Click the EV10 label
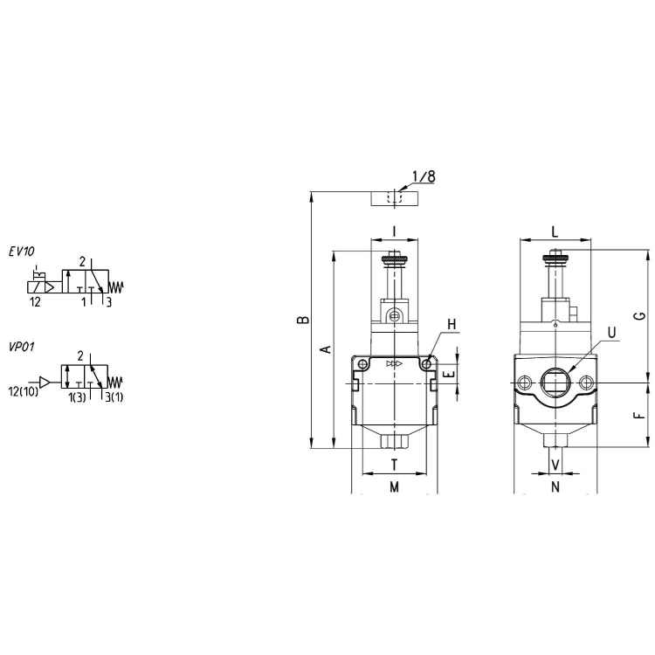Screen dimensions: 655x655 (22, 252)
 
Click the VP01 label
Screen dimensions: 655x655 (22, 347)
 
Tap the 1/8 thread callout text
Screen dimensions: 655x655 (424, 176)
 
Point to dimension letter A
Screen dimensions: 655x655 (327, 349)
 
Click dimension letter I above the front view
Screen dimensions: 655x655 (395, 231)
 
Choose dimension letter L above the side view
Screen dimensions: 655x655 (555, 231)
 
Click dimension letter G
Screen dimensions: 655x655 (639, 316)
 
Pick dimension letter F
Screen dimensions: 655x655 (639, 416)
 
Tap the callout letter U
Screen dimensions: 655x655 (611, 333)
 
